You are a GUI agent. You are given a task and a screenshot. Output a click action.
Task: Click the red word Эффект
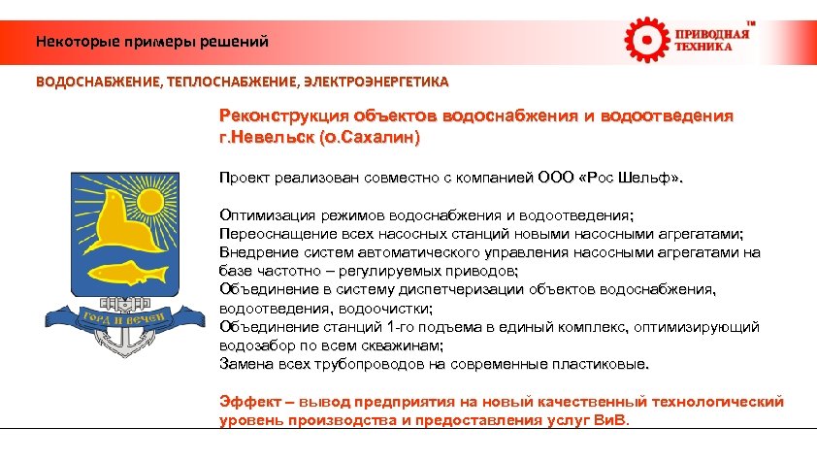(246, 402)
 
